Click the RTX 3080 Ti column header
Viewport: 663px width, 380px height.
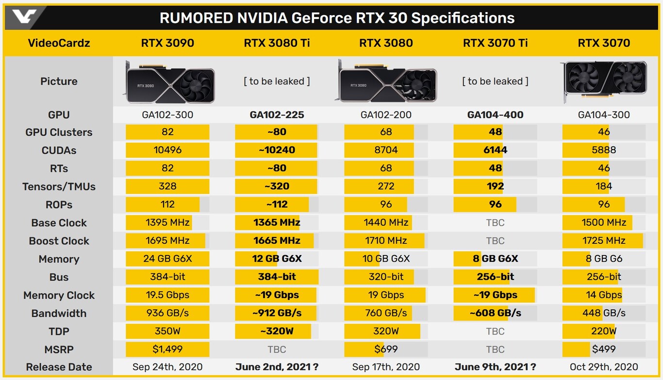[277, 43]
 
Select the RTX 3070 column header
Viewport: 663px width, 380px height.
[604, 43]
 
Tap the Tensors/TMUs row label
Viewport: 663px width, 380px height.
[59, 187]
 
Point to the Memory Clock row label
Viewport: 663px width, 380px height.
[59, 295]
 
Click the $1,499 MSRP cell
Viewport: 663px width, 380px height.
[167, 349]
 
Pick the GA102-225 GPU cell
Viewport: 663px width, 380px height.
[277, 115]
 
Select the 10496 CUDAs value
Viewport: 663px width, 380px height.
[167, 150]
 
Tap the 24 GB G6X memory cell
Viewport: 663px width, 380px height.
[167, 259]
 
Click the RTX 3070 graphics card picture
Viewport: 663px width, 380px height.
[605, 80]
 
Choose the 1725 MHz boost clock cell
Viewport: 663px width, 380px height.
[604, 241]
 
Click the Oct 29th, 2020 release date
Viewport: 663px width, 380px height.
[604, 367]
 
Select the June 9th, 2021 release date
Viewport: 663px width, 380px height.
[495, 367]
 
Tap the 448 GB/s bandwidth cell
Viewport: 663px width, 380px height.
[604, 313]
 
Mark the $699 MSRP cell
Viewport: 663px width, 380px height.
[386, 349]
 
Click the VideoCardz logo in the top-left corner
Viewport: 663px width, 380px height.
[24, 17]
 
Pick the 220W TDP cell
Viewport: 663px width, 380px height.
[604, 332]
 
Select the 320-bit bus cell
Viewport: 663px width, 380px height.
[386, 277]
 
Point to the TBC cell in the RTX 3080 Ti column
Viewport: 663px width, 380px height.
[277, 349]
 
